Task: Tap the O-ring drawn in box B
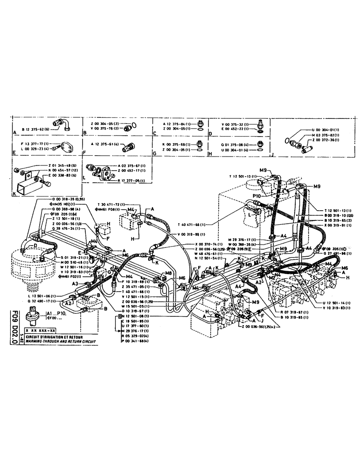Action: [133, 125]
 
